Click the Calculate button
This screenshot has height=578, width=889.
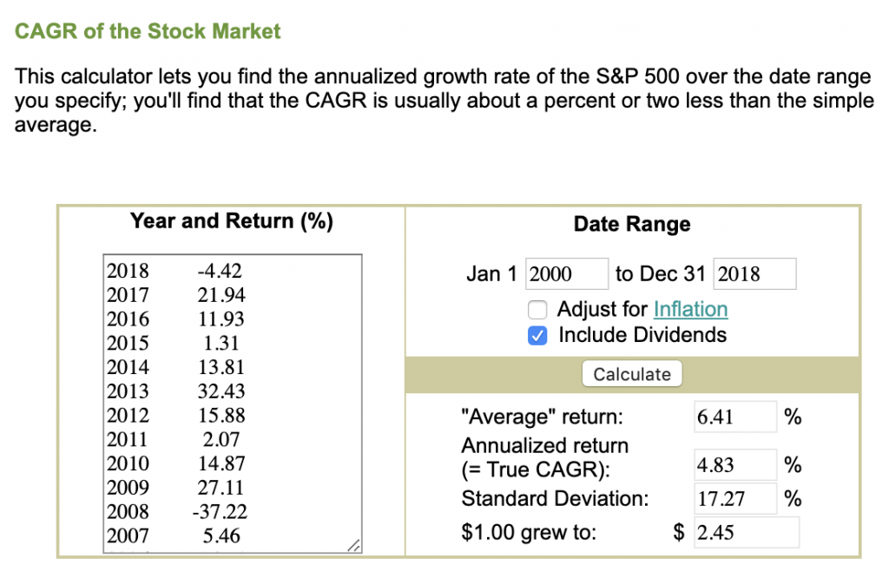point(632,374)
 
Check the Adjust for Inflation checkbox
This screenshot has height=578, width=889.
point(538,310)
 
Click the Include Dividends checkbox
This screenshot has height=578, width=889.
point(538,336)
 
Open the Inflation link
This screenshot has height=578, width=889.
point(690,310)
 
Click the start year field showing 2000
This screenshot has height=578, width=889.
point(566,274)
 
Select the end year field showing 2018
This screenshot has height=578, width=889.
point(754,274)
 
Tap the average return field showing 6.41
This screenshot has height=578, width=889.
point(734,417)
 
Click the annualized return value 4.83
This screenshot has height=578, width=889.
point(734,465)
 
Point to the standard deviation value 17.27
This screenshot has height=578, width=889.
point(734,499)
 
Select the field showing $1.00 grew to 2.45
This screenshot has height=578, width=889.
point(747,532)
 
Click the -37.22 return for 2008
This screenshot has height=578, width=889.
point(219,512)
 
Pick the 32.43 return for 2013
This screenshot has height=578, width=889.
point(221,391)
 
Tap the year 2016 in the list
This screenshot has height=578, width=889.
point(128,319)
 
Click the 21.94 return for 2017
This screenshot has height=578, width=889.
point(221,294)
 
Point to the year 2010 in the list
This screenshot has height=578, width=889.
point(128,463)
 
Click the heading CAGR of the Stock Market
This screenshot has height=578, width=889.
point(148,32)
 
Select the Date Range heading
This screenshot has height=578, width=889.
point(632,224)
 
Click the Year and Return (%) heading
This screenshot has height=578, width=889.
point(232,220)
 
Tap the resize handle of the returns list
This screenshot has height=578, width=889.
point(352,546)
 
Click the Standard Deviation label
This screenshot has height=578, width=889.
point(555,499)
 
